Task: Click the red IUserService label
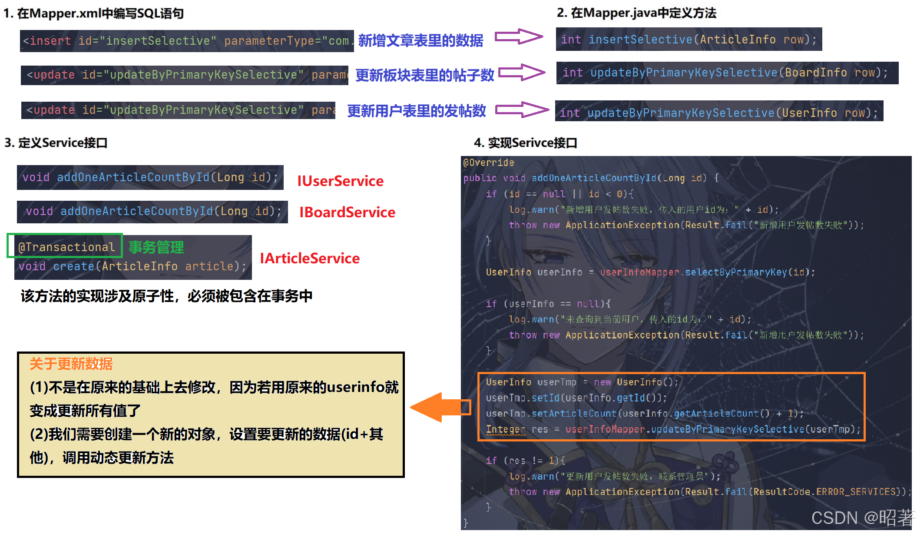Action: tap(340, 181)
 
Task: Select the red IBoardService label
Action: tap(347, 212)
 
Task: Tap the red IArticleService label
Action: tap(310, 259)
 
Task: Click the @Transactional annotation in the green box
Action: tap(66, 247)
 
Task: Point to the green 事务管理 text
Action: tap(156, 247)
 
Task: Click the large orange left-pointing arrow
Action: tap(439, 408)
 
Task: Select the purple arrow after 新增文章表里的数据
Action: tap(519, 37)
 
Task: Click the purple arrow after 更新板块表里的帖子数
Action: tap(521, 73)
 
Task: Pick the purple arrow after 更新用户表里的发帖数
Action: tap(521, 109)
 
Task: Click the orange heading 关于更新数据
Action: tap(71, 364)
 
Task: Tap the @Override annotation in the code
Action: tap(488, 163)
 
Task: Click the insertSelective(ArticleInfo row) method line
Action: tap(689, 40)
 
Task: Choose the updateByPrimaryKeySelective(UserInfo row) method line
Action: tap(719, 113)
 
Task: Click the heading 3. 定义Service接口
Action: tap(56, 143)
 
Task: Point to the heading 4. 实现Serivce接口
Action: tap(525, 143)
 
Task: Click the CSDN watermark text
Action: tap(862, 518)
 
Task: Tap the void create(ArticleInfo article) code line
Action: tap(132, 266)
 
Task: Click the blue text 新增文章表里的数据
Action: tap(420, 40)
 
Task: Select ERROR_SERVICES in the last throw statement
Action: tap(856, 492)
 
